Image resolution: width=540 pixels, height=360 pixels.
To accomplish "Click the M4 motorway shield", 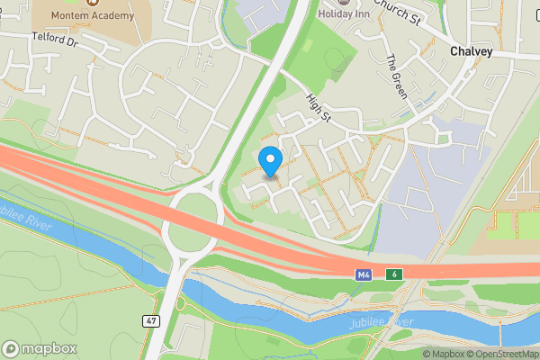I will pyautogui.click(x=362, y=274).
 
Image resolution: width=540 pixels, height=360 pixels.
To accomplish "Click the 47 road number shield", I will pyautogui.click(x=151, y=320).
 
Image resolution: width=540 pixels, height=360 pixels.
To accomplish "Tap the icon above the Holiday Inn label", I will pyautogui.click(x=341, y=3).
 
